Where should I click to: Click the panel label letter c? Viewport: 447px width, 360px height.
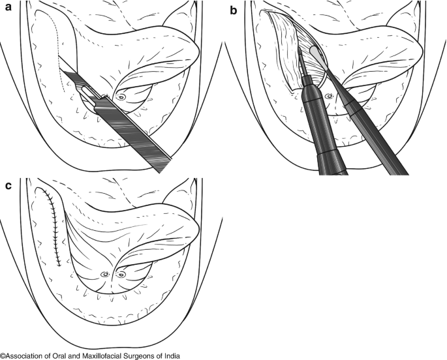[x=7, y=186]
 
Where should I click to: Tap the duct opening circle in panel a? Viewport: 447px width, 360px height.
[x=120, y=97]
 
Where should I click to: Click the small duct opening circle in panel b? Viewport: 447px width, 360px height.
[x=330, y=97]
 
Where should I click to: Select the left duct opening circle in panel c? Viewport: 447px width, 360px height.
[x=104, y=275]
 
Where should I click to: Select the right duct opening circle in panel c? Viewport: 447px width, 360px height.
[x=121, y=275]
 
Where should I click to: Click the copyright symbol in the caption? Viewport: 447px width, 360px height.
[x=3, y=355]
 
